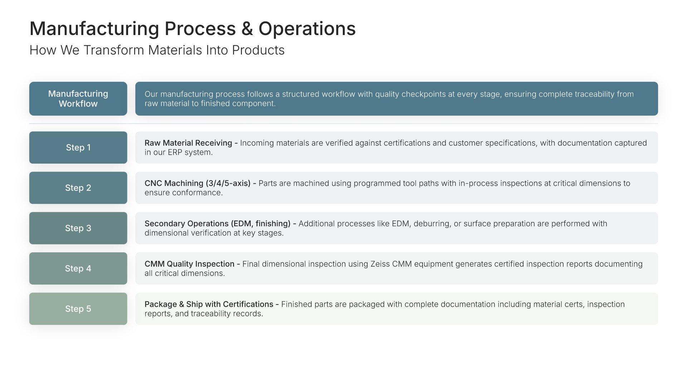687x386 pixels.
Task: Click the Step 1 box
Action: coord(78,148)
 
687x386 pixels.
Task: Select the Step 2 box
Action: coord(78,188)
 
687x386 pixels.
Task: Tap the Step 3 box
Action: coord(78,228)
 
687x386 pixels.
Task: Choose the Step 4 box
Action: coord(78,269)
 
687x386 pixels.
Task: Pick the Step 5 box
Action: coord(78,309)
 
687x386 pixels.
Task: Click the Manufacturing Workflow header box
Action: coord(78,99)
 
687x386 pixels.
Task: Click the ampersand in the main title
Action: coord(247,29)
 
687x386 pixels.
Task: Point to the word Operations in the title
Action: coord(307,29)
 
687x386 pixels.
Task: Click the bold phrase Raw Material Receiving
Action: coord(188,143)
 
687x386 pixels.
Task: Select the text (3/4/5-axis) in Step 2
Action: coord(228,183)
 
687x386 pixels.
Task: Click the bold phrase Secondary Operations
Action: coord(186,224)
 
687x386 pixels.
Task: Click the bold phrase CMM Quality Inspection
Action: coord(189,264)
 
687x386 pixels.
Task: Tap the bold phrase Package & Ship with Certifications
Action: coord(209,304)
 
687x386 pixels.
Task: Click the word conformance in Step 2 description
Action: coord(198,193)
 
